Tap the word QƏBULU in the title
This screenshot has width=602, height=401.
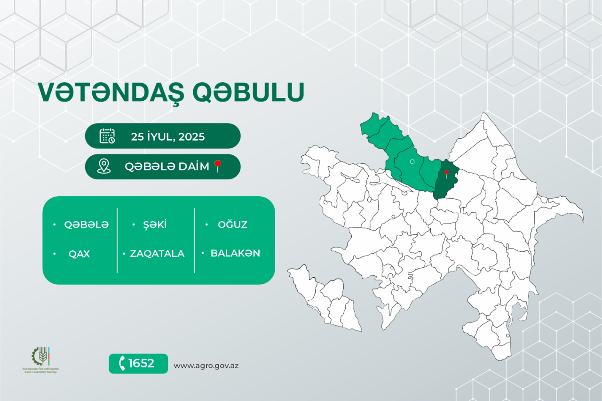(x=248, y=93)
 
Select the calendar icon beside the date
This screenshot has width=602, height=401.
(x=107, y=136)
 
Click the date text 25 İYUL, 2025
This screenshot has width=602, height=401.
(x=168, y=136)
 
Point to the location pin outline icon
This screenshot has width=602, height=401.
(x=103, y=166)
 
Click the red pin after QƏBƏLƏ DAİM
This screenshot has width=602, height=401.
(x=218, y=166)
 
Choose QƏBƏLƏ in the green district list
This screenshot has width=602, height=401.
(x=87, y=225)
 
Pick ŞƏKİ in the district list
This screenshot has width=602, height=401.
(x=155, y=225)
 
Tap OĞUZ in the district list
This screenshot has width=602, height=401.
(x=232, y=225)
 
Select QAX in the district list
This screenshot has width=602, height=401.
(x=79, y=254)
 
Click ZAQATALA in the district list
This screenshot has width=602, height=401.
(x=157, y=254)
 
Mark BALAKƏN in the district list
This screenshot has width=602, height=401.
(x=235, y=253)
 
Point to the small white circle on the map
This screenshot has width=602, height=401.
(x=412, y=161)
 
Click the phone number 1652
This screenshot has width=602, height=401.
(x=141, y=363)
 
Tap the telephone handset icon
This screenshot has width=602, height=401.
(x=122, y=363)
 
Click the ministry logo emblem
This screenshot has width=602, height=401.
(x=40, y=356)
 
